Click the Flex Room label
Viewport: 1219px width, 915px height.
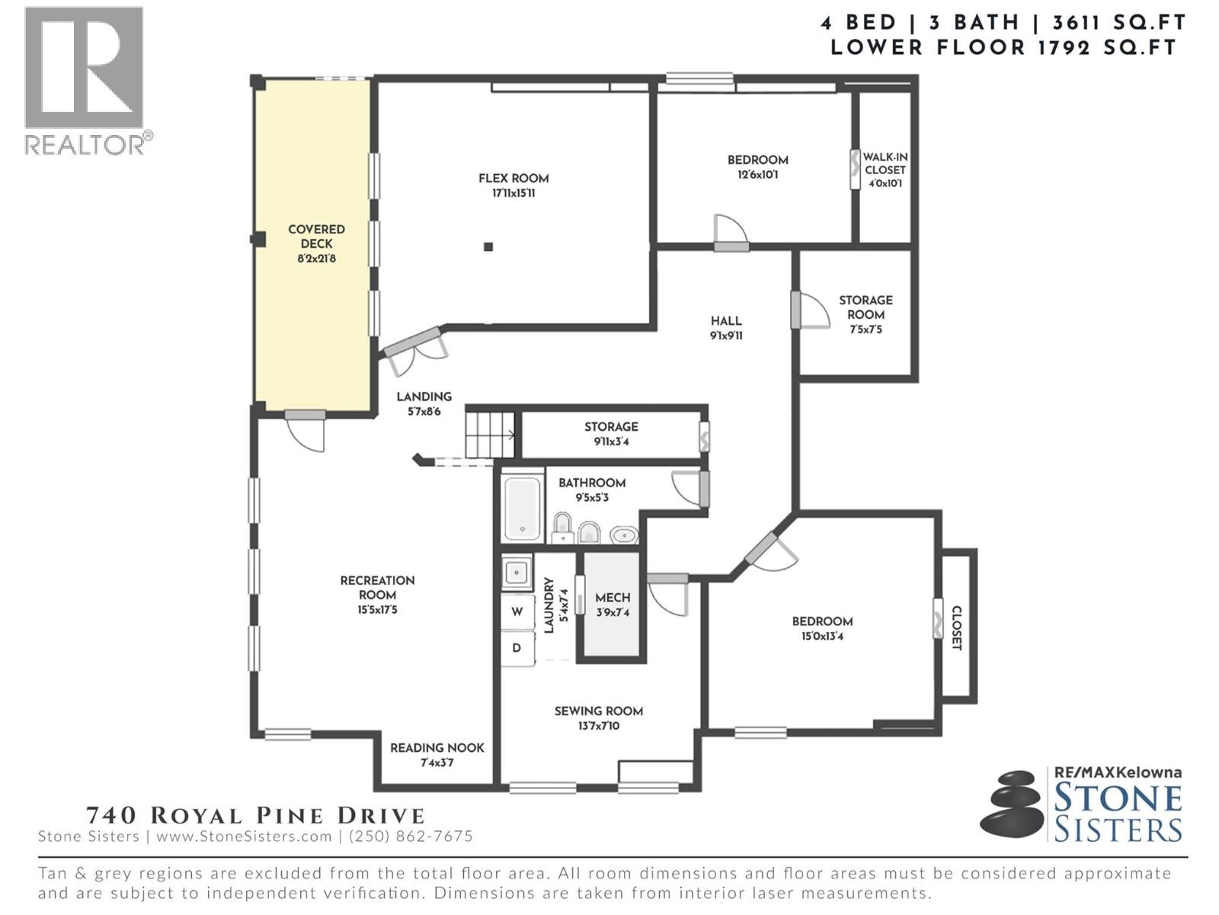pyautogui.click(x=514, y=178)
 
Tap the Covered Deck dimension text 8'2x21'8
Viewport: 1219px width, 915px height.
pyautogui.click(x=316, y=258)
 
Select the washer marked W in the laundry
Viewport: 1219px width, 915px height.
pyautogui.click(x=517, y=612)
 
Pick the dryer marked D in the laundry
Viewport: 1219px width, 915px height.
pyautogui.click(x=517, y=648)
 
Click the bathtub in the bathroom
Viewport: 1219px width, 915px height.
pyautogui.click(x=523, y=507)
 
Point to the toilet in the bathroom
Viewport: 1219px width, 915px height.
pyautogui.click(x=562, y=528)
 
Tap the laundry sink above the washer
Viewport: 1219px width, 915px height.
pyautogui.click(x=517, y=571)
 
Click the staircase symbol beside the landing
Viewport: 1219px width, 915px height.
pyautogui.click(x=490, y=435)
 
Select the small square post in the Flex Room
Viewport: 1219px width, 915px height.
pyautogui.click(x=488, y=246)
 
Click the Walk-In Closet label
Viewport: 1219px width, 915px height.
pyautogui.click(x=885, y=163)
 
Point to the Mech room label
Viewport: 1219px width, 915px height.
pyautogui.click(x=613, y=598)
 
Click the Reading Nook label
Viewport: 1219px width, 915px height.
pyautogui.click(x=437, y=748)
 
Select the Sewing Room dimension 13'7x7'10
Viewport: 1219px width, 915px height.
pyautogui.click(x=598, y=726)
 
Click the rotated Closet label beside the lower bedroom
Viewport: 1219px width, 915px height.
pyautogui.click(x=957, y=628)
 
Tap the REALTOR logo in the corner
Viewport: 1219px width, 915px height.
pyautogui.click(x=85, y=80)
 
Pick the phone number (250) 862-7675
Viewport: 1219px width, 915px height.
pyautogui.click(x=411, y=836)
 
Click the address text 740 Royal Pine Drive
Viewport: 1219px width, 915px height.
pyautogui.click(x=255, y=815)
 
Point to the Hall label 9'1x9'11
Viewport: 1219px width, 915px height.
pyautogui.click(x=726, y=328)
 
